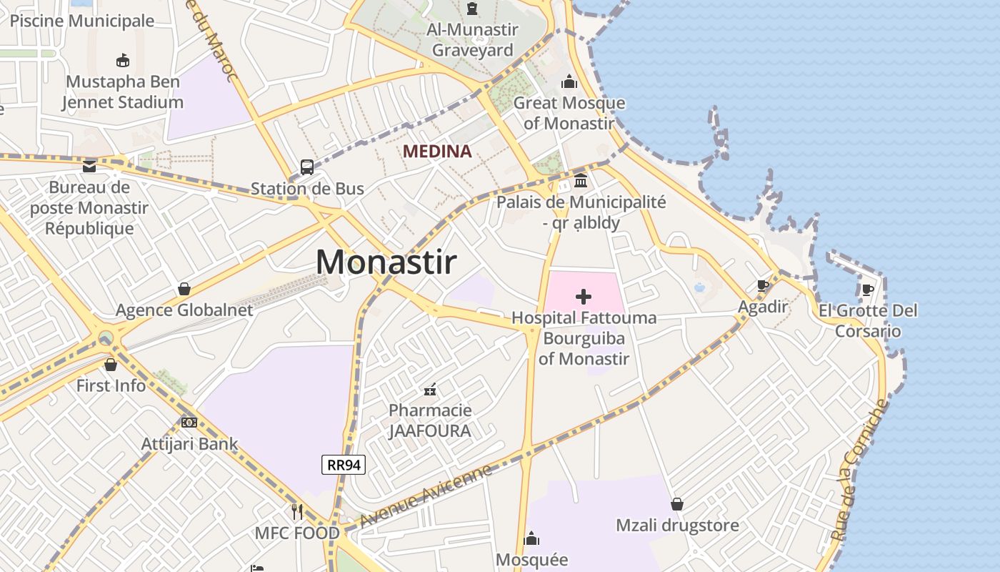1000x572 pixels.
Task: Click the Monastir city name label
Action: click(x=386, y=262)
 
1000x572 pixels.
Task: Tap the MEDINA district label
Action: click(x=437, y=152)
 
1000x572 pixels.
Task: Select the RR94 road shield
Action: click(x=344, y=465)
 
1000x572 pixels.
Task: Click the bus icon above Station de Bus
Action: click(x=307, y=167)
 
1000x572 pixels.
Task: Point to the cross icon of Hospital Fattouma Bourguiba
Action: click(x=584, y=297)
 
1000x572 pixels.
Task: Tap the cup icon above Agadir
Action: click(x=763, y=286)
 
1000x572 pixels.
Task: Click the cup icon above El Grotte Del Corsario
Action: click(x=868, y=290)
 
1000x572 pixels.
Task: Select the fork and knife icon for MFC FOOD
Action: click(x=297, y=512)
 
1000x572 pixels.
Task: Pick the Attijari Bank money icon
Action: click(x=189, y=423)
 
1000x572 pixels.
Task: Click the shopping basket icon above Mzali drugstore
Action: click(x=677, y=505)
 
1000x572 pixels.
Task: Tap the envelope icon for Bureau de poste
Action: click(x=89, y=167)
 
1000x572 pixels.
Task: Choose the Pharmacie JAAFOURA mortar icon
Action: click(x=430, y=390)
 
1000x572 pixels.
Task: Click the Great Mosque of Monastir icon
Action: click(x=569, y=82)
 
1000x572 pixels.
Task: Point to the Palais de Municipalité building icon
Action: click(x=581, y=180)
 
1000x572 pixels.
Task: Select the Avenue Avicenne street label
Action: click(x=426, y=495)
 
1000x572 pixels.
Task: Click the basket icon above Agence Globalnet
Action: click(x=184, y=289)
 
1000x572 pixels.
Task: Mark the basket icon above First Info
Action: click(x=111, y=365)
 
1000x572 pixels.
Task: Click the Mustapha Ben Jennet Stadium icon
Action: click(x=123, y=60)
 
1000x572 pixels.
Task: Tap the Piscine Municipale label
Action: click(x=82, y=21)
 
